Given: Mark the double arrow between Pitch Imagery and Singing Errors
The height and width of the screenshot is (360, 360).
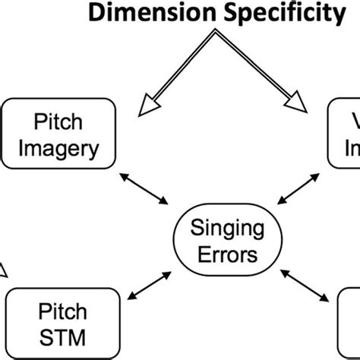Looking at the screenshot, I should click(x=145, y=187).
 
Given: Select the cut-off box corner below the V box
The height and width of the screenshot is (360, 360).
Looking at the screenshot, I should click(x=350, y=319).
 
